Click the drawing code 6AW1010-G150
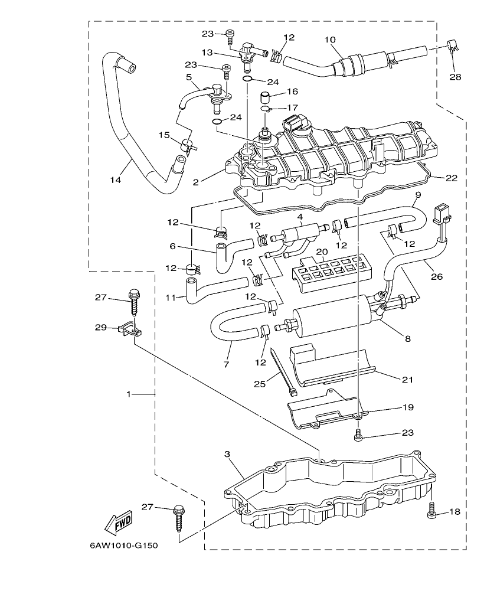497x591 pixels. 123,545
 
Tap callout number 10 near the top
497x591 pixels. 329,40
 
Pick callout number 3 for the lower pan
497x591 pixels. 228,454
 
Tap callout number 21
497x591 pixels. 407,380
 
